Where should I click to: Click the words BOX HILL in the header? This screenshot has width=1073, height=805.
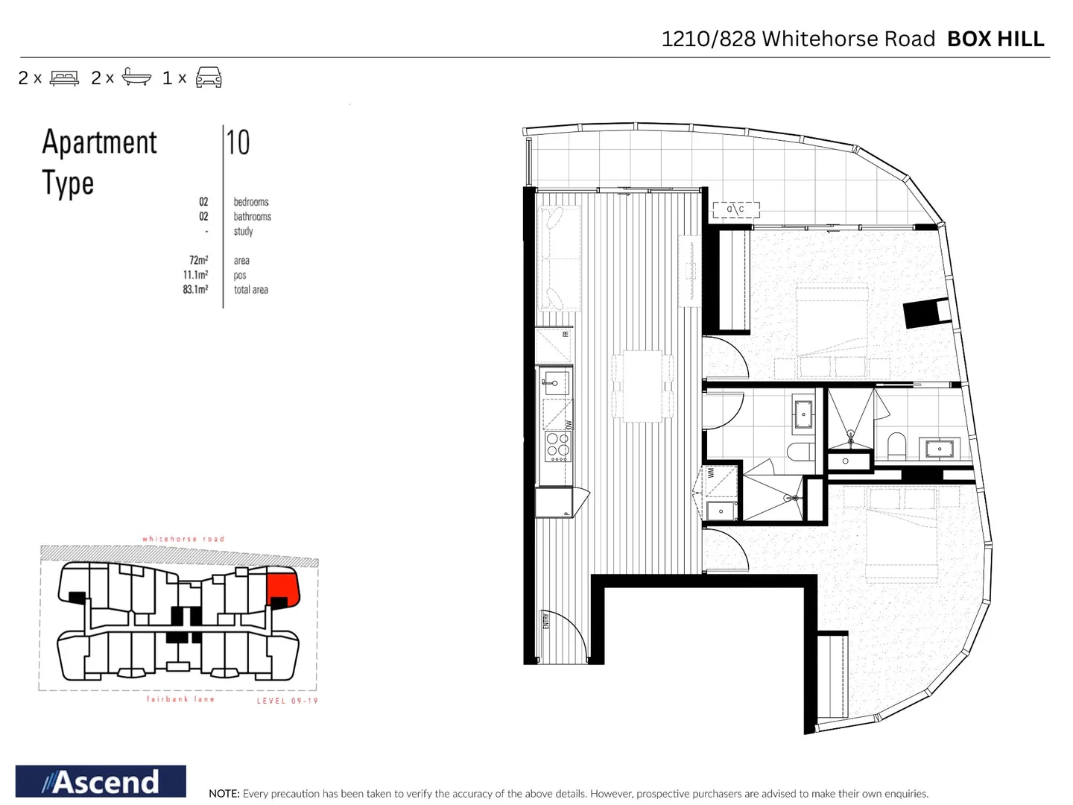[996, 39]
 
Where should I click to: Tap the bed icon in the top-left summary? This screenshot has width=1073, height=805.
[64, 78]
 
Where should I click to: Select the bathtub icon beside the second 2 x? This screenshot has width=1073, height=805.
[136, 77]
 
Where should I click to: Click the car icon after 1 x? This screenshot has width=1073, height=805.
[209, 78]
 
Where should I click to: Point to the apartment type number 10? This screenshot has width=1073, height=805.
[238, 142]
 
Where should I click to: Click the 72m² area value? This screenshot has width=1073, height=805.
[198, 260]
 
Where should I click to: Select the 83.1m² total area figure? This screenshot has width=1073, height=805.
[195, 289]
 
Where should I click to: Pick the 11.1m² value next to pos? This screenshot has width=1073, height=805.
[195, 275]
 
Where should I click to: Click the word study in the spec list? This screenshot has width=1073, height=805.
[243, 231]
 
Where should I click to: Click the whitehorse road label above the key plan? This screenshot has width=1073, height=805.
[183, 538]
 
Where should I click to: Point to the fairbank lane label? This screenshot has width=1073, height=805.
[180, 699]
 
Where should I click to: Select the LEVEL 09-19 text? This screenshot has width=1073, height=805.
[287, 701]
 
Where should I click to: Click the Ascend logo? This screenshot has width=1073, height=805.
[101, 781]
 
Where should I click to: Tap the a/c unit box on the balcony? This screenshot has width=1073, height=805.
[735, 209]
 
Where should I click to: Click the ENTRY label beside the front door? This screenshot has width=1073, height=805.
[545, 620]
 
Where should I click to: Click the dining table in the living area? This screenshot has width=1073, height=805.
[642, 386]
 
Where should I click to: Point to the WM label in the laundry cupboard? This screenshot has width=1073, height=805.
[711, 472]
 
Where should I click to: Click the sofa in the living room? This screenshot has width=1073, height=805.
[559, 258]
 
